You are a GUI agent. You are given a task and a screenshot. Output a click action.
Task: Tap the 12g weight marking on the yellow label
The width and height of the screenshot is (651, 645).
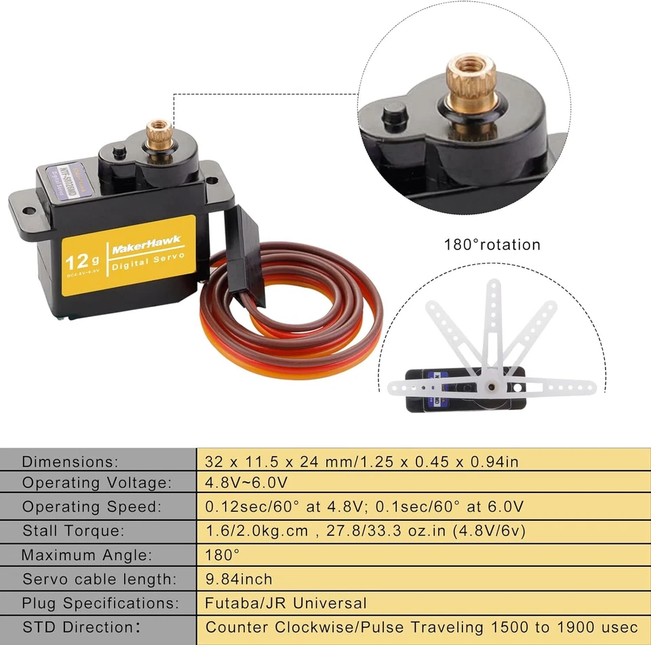(x=81, y=261)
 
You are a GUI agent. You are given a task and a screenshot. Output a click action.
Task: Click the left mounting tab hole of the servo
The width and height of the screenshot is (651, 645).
(x=28, y=210)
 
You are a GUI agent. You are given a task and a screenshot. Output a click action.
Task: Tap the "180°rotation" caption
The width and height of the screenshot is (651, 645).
(x=492, y=244)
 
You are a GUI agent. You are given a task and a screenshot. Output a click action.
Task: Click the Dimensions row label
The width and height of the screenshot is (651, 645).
(x=70, y=462)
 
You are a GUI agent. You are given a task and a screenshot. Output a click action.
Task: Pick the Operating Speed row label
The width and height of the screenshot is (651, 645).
(x=92, y=506)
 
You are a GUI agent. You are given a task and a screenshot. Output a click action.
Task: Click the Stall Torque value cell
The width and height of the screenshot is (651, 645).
(x=366, y=530)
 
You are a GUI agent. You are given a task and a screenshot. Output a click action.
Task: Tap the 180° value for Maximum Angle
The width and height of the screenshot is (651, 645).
(x=222, y=555)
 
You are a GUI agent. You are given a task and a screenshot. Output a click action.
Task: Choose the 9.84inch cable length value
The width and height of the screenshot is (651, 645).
(x=239, y=579)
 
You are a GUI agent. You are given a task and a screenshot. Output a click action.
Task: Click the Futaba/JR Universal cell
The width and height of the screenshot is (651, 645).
(x=285, y=603)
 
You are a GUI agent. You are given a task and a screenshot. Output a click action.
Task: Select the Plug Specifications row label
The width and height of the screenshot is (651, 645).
(x=100, y=603)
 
